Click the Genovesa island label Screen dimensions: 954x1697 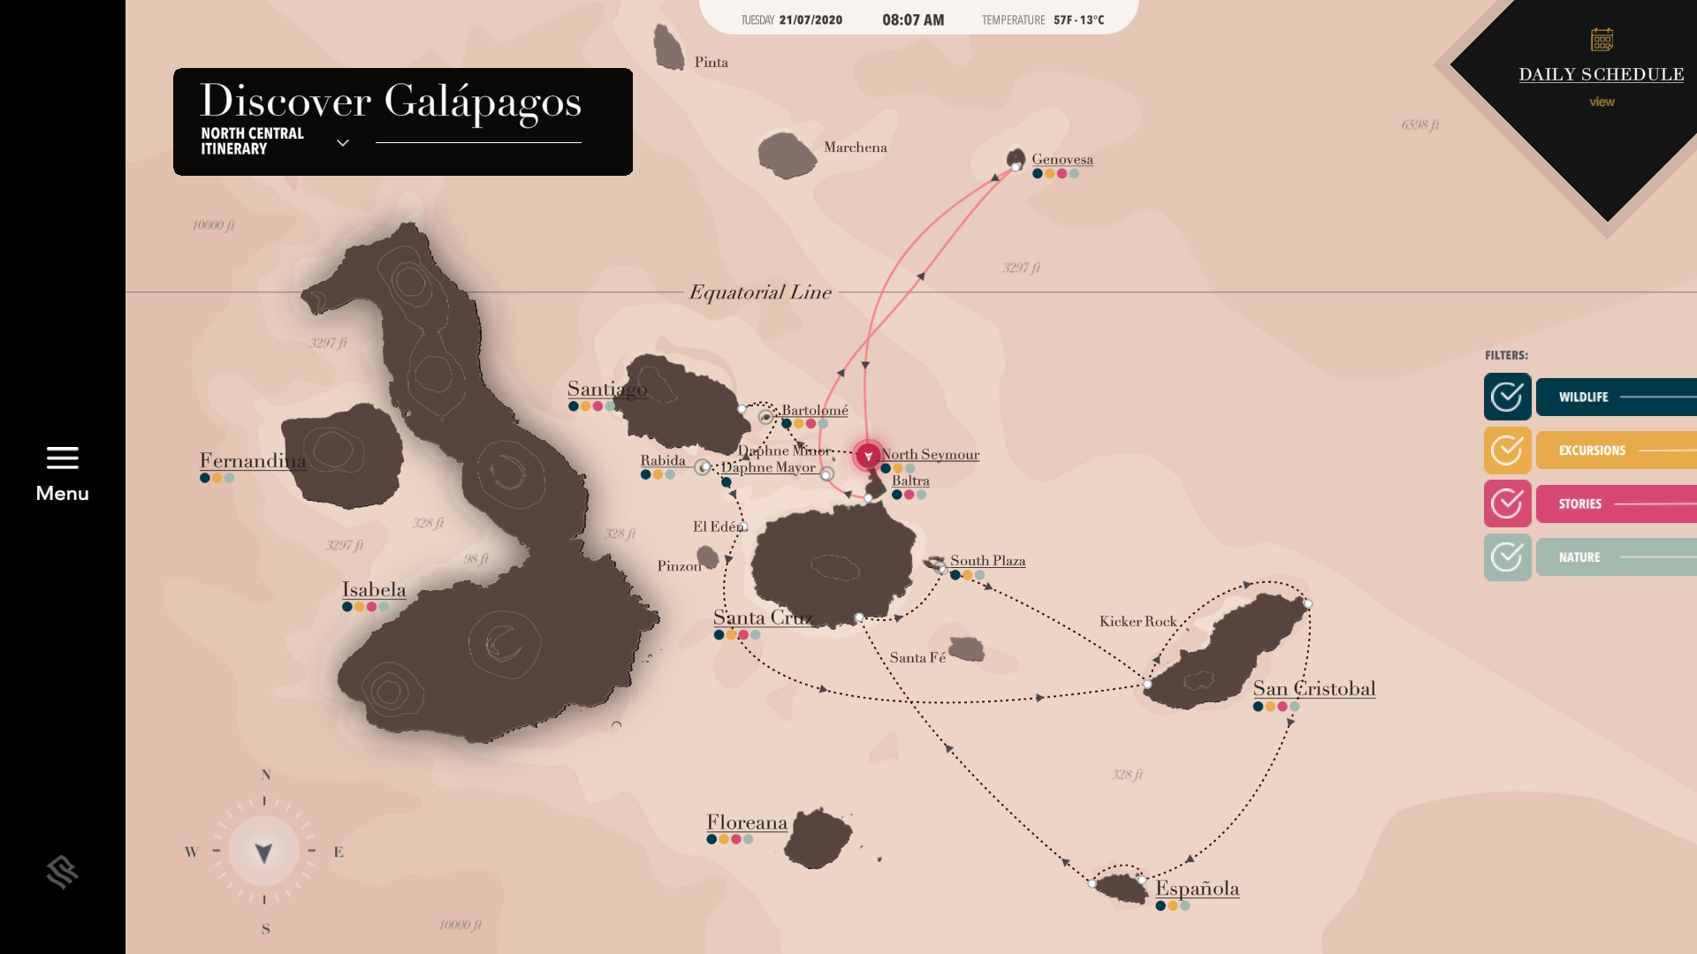point(1062,160)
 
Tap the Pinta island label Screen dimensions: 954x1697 point(711,63)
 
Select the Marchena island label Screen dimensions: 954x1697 point(855,148)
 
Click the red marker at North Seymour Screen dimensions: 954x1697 point(868,456)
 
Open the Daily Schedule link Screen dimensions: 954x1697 point(1601,75)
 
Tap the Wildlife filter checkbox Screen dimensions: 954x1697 point(1507,397)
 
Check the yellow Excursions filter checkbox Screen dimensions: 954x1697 point(1507,450)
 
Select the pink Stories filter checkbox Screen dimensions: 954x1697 point(1507,503)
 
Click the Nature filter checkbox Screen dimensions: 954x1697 point(1507,557)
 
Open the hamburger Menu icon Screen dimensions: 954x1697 point(62,458)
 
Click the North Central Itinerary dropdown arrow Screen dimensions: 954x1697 point(343,142)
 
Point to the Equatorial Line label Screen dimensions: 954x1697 point(760,292)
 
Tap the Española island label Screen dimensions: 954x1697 point(1197,889)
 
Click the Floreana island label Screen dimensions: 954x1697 point(746,823)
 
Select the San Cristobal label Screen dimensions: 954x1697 point(1313,689)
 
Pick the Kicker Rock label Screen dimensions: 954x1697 point(1138,622)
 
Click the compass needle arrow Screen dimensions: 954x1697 point(263,852)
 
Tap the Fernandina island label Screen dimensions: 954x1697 point(253,461)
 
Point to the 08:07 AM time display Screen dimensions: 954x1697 point(913,20)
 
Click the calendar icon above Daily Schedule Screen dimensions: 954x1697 point(1602,40)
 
